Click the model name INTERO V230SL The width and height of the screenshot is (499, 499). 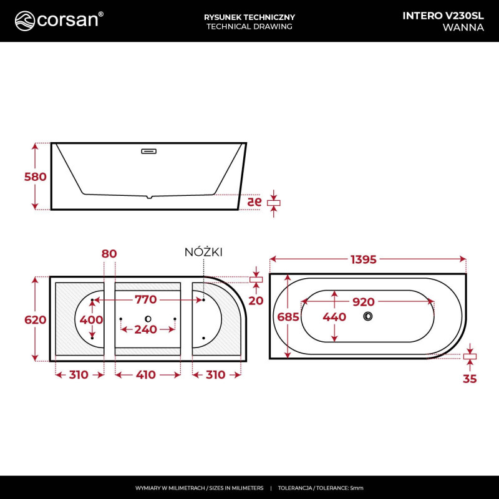point(443,16)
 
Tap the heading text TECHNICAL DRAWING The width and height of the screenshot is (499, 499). point(249,27)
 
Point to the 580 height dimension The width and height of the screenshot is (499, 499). point(35,177)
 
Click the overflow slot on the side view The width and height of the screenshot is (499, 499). point(149,150)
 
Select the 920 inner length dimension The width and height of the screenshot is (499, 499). point(363,302)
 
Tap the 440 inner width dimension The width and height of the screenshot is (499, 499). point(334,317)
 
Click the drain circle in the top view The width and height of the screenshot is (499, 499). point(368,317)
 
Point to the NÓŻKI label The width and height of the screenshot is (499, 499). point(203,252)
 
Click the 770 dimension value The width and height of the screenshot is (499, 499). point(146,300)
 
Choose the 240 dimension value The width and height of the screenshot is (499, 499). point(146,329)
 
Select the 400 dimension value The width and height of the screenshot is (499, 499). point(92,319)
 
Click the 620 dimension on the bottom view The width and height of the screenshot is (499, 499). point(35,319)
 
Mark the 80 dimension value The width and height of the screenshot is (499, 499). point(109,253)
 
